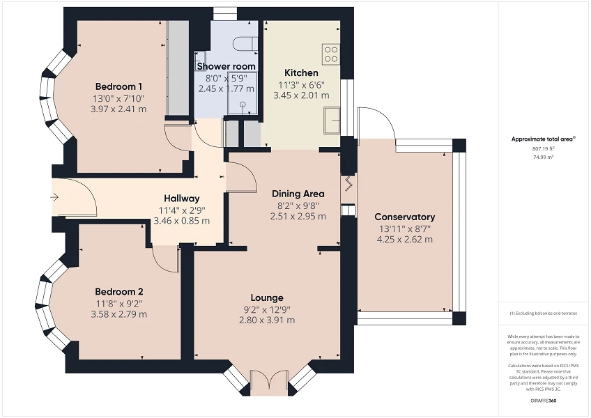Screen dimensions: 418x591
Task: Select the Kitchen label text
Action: click(301, 72)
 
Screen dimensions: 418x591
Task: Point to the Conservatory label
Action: click(404, 217)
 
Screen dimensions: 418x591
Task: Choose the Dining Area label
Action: click(298, 194)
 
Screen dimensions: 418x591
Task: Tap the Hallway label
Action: click(181, 198)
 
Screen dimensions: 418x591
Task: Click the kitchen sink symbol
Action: click(330, 119)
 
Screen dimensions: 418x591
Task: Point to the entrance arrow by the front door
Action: click(55, 198)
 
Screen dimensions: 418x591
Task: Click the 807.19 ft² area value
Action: click(543, 148)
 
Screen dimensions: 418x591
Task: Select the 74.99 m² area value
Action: click(543, 157)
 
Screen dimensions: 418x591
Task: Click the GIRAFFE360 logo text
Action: click(543, 401)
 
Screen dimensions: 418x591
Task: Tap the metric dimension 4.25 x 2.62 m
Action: click(404, 240)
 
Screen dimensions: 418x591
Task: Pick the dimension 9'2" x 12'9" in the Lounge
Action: click(267, 309)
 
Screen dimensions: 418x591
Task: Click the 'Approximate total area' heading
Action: click(542, 139)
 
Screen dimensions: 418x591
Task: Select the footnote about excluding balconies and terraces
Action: click(543, 313)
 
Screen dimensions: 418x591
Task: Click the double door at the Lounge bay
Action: click(268, 381)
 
